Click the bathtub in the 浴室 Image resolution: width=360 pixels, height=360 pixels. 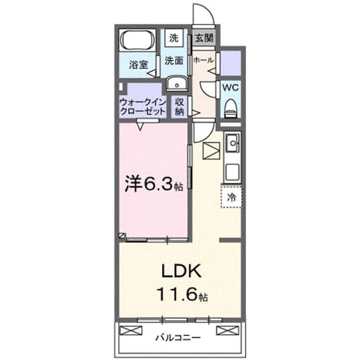[x=137, y=40]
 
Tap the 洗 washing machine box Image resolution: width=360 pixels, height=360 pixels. [x=174, y=38]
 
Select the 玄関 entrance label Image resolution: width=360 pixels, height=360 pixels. [x=204, y=38]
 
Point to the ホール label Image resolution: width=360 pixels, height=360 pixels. [x=203, y=60]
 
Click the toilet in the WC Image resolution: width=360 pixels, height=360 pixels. [x=231, y=108]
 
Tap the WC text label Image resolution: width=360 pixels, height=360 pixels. [x=230, y=87]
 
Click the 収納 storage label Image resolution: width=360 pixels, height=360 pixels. [x=179, y=107]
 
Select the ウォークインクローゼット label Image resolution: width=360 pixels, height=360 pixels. [x=143, y=107]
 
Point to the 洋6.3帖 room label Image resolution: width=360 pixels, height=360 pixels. [x=154, y=185]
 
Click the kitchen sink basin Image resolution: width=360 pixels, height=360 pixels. [x=233, y=143]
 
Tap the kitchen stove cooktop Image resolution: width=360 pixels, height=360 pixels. [x=233, y=172]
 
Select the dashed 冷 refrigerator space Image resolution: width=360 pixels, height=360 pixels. [x=231, y=197]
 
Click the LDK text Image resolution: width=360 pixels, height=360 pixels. [x=182, y=271]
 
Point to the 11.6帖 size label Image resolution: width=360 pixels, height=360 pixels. [x=182, y=294]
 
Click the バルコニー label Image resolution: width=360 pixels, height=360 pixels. [x=178, y=338]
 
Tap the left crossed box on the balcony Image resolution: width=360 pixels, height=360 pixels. [x=131, y=330]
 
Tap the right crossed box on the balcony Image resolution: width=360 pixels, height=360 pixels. [x=227, y=330]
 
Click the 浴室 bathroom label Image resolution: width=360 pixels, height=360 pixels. [x=138, y=65]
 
